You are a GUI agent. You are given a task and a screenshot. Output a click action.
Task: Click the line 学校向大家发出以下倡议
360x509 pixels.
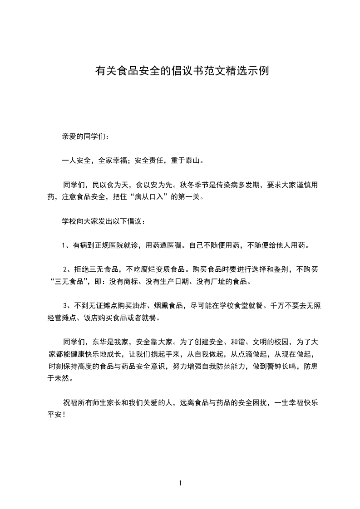pos(104,222)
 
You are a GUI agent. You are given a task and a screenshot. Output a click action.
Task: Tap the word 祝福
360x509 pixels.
pos(70,402)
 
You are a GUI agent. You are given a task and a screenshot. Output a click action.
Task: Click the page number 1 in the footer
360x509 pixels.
pos(180,483)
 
